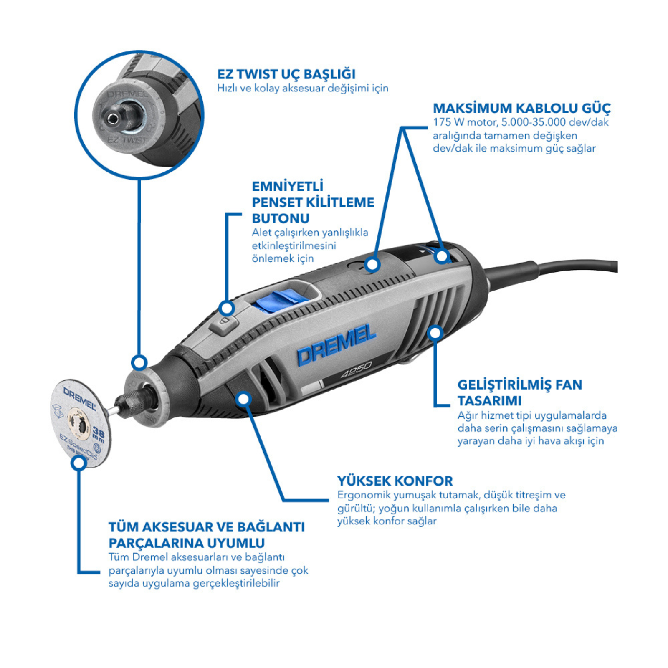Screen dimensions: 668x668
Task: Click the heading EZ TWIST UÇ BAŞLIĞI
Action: pyautogui.click(x=286, y=74)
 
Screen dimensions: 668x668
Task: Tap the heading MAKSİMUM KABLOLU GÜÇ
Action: pyautogui.click(x=521, y=108)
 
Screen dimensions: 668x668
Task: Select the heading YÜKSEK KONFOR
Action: pyautogui.click(x=395, y=481)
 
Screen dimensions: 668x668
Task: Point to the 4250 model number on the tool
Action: pyautogui.click(x=356, y=369)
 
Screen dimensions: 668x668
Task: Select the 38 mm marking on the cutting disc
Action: pyautogui.click(x=99, y=434)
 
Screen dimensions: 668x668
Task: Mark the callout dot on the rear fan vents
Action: pyautogui.click(x=435, y=332)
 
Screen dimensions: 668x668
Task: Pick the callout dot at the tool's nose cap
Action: pyautogui.click(x=139, y=362)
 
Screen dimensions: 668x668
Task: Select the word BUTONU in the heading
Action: pyautogui.click(x=281, y=218)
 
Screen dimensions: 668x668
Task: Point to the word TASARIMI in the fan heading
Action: pyautogui.click(x=489, y=401)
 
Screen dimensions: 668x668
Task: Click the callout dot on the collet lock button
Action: pyautogui.click(x=227, y=309)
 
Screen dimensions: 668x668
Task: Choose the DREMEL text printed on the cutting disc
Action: pyautogui.click(x=79, y=398)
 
